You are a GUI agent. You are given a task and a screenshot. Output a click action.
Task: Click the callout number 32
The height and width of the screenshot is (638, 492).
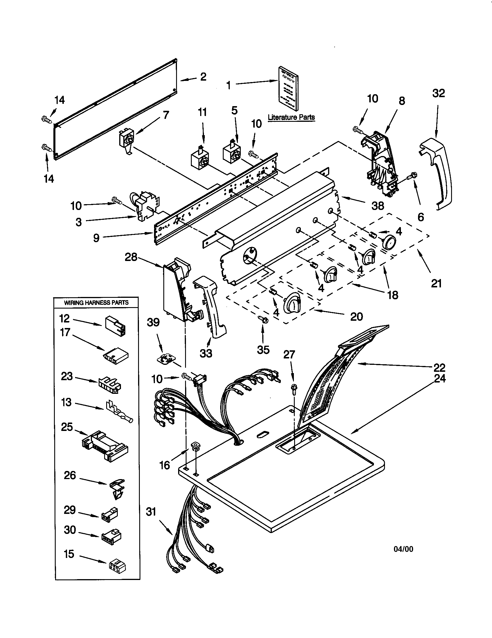[x=438, y=93]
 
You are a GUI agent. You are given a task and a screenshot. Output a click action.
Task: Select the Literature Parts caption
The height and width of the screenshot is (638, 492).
[x=291, y=117]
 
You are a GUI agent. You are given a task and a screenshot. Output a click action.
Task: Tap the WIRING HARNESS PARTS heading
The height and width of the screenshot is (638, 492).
[x=96, y=303]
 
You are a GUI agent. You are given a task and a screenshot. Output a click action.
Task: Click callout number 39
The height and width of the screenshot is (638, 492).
[x=153, y=322]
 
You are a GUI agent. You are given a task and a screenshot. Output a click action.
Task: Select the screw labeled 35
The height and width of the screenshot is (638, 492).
[x=264, y=319]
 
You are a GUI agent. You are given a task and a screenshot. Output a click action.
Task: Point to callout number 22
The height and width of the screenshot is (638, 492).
[x=439, y=367]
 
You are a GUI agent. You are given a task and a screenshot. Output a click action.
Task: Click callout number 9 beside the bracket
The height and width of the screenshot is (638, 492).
[x=96, y=238]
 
